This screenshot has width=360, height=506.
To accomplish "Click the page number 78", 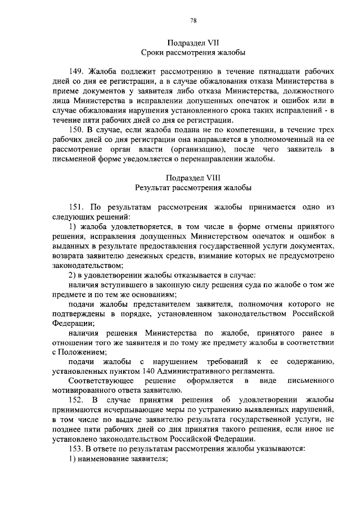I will pos(193,21).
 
